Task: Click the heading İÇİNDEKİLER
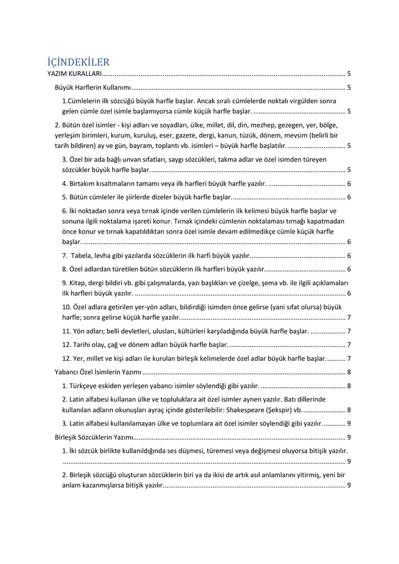tap(79, 62)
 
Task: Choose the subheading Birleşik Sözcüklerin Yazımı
tap(95, 437)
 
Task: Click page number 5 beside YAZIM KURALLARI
tap(349, 73)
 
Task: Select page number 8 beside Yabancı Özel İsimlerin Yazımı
tap(349, 372)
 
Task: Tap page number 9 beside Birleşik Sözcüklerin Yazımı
tap(349, 437)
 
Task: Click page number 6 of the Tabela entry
tap(349, 255)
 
